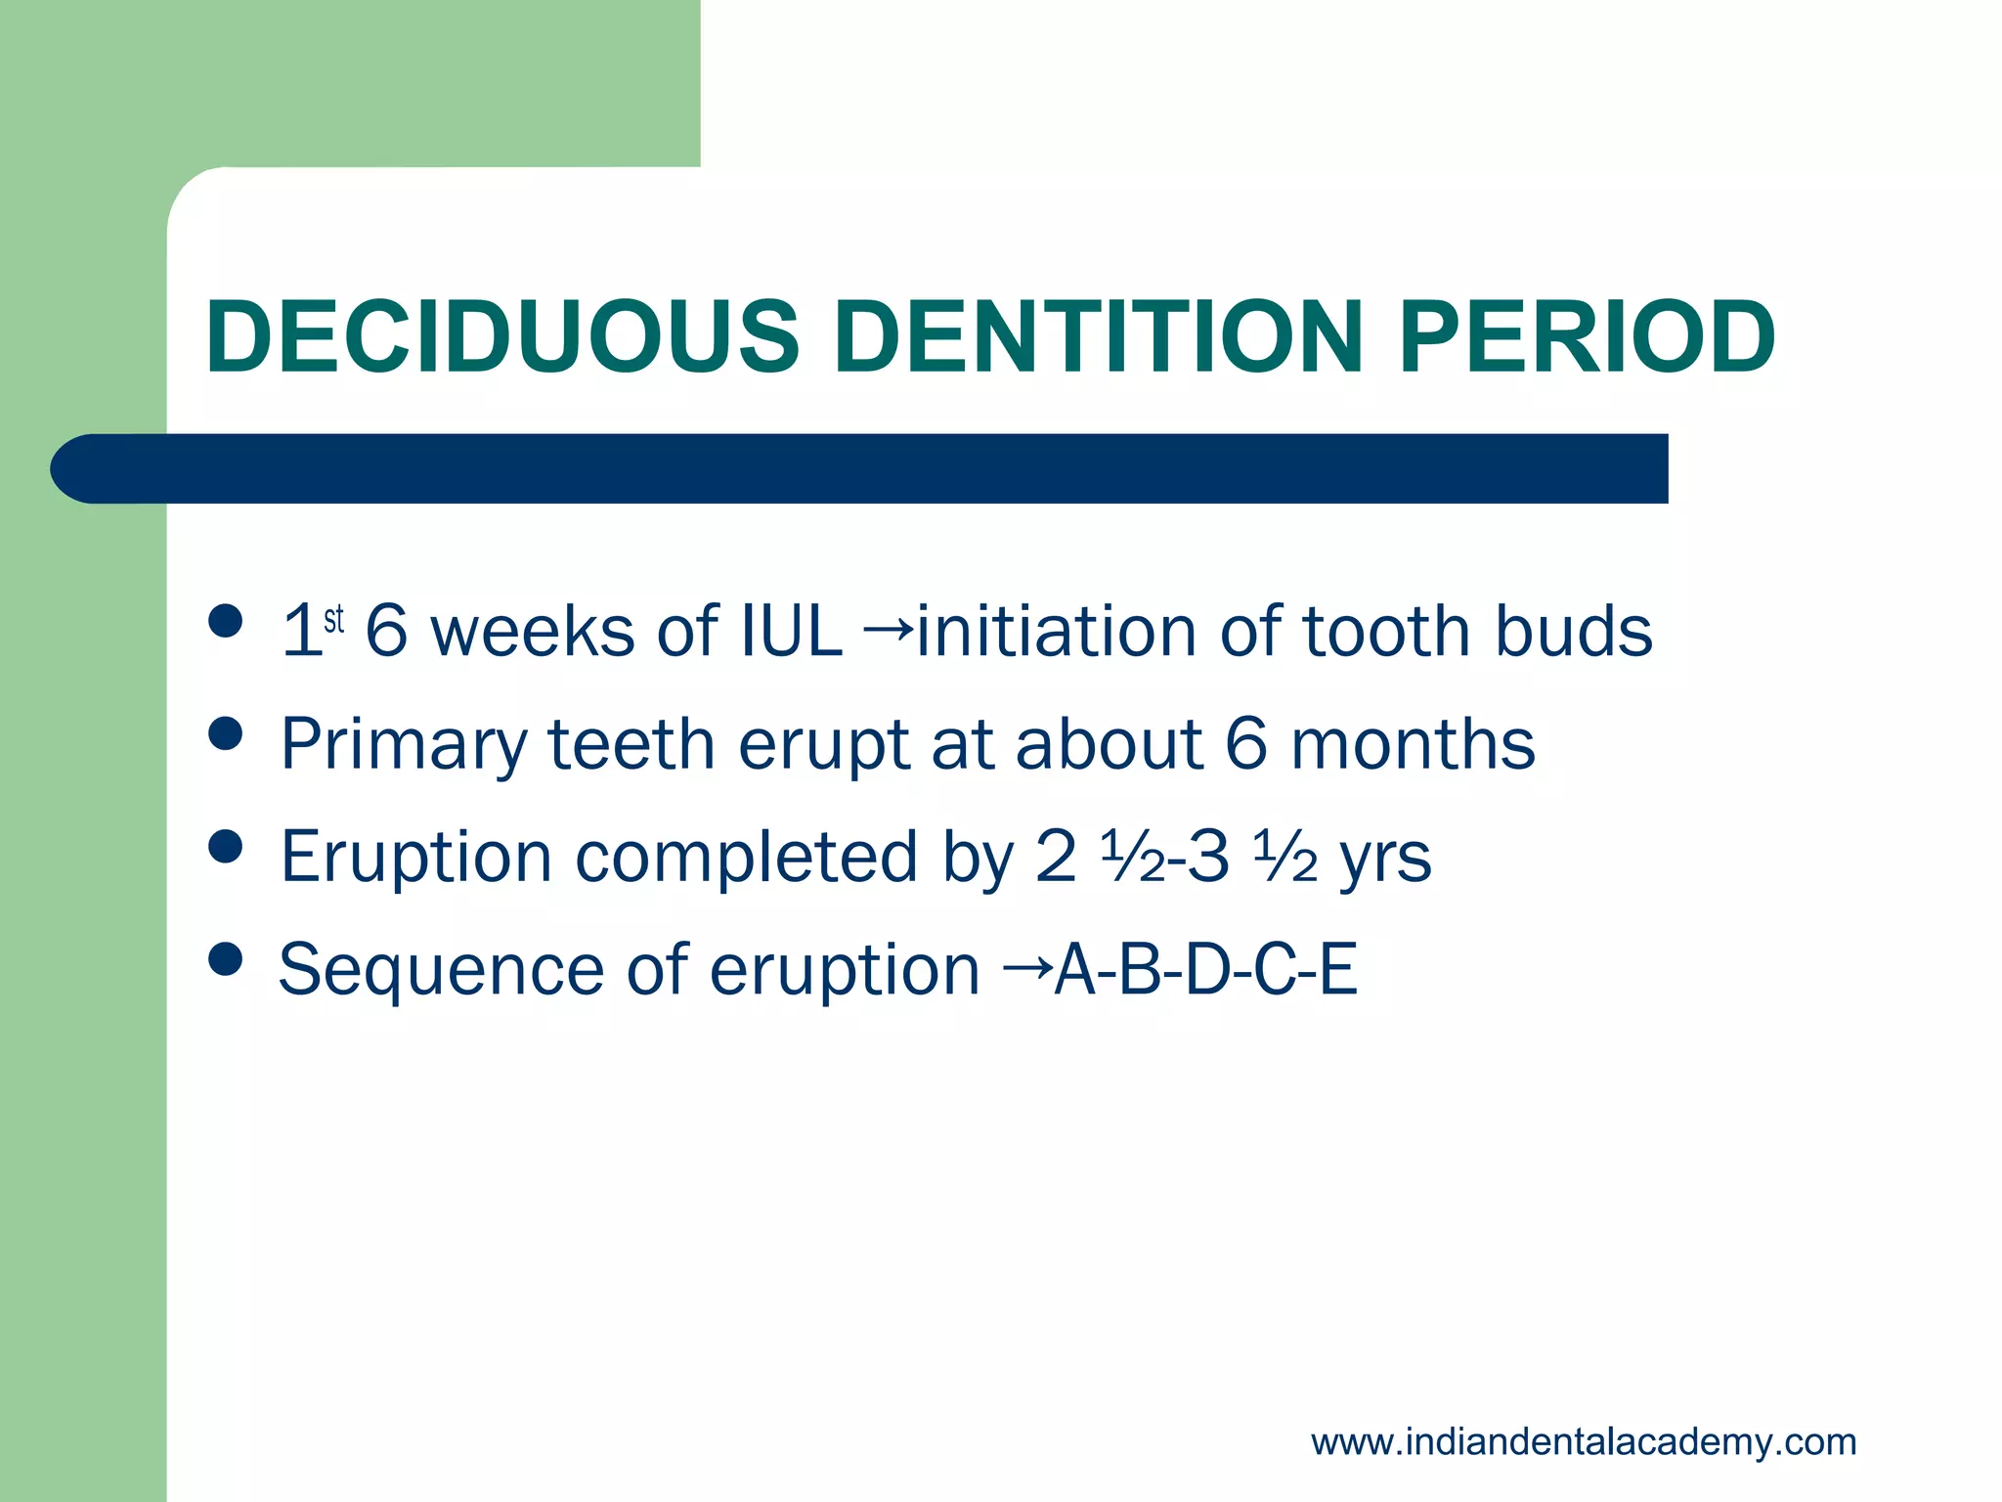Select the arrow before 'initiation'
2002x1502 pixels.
(x=888, y=626)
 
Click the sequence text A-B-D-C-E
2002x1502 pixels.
(x=1206, y=969)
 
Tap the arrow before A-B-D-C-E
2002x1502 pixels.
(x=1027, y=966)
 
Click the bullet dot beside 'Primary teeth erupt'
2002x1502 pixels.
(x=226, y=733)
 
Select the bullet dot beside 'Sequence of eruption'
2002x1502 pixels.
(x=226, y=959)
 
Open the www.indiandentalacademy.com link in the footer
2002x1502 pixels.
(x=1583, y=1441)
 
